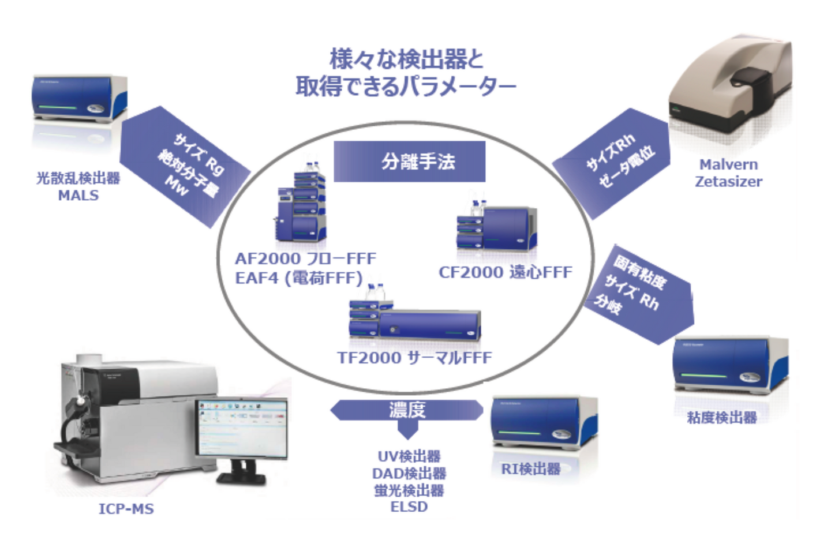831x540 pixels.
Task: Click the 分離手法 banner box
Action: click(409, 162)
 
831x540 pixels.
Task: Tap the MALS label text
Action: click(78, 196)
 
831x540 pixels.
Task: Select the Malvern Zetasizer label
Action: click(728, 173)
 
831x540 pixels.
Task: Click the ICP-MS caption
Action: click(126, 509)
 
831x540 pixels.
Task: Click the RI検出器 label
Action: click(531, 469)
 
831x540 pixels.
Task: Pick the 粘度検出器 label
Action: click(722, 417)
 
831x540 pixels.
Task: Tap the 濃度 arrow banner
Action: click(407, 411)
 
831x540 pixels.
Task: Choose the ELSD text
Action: click(409, 507)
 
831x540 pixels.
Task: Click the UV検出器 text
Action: click(409, 456)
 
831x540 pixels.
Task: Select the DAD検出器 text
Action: click(409, 474)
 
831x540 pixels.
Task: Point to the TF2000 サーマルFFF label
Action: click(414, 358)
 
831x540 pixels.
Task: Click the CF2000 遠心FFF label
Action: click(506, 272)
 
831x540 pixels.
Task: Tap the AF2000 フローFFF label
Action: click(305, 258)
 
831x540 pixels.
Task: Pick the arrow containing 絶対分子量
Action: click(185, 167)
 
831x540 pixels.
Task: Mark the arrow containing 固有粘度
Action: click(638, 291)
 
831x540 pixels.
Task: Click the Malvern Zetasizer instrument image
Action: click(730, 92)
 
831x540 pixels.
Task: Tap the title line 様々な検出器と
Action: click(406, 59)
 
